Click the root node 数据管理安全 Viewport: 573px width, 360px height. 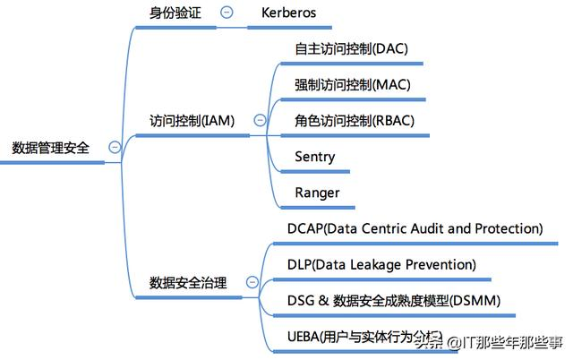(51, 148)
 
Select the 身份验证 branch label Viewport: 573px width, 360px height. (175, 13)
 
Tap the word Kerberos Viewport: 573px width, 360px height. (288, 13)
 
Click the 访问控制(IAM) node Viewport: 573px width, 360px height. (192, 120)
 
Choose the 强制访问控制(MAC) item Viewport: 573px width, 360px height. (353, 84)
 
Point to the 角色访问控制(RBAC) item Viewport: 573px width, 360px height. (355, 120)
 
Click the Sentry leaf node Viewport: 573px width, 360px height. (315, 157)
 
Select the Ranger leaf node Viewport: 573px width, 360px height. (317, 193)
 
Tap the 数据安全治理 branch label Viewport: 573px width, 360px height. (188, 283)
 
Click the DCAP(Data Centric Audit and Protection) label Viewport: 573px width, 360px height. (415, 228)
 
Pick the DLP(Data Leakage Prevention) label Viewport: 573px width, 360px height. (381, 265)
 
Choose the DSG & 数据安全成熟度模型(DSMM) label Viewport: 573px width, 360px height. (393, 301)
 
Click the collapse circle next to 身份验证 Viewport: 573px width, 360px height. (227, 13)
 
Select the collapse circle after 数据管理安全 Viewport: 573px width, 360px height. (114, 148)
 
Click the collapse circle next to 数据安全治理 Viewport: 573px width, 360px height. (252, 283)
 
